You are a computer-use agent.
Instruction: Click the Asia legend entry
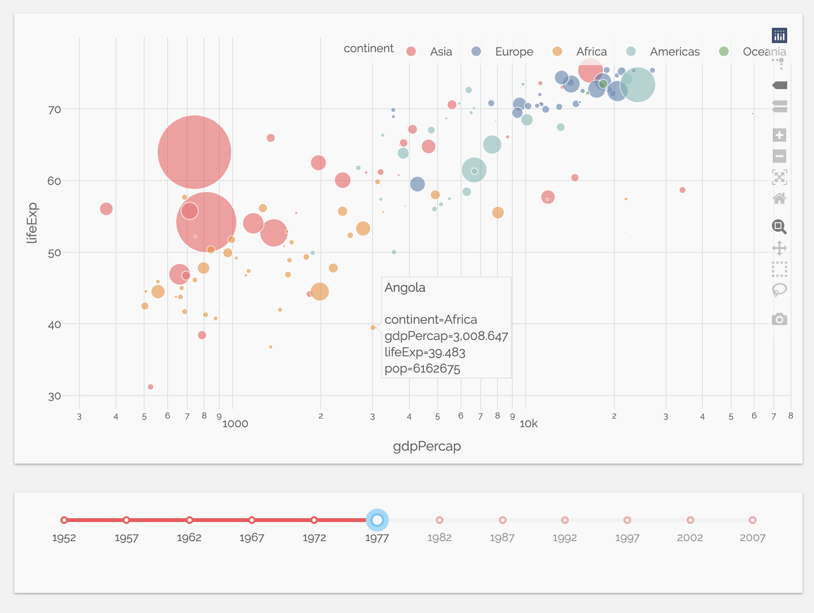(x=440, y=52)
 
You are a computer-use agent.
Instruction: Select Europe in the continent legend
(x=513, y=52)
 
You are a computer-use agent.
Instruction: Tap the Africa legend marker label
(x=591, y=52)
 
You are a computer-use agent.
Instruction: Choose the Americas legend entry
(x=674, y=52)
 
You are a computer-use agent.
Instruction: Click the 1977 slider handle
(x=377, y=520)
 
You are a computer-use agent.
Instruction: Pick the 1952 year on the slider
(x=64, y=520)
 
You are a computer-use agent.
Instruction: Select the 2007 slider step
(x=752, y=520)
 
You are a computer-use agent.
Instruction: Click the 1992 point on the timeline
(x=565, y=520)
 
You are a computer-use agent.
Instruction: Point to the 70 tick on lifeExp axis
(x=55, y=110)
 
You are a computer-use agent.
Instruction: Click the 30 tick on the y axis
(x=55, y=396)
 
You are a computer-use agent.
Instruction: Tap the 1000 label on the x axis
(x=235, y=424)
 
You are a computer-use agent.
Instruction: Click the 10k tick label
(x=529, y=424)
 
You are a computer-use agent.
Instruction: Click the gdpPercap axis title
(x=427, y=446)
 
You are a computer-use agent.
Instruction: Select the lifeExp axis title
(x=32, y=223)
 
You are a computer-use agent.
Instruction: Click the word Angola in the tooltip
(x=405, y=287)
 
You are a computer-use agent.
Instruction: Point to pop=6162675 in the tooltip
(x=422, y=369)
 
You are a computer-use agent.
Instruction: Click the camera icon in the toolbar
(x=779, y=319)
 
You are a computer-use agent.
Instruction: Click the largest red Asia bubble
(x=194, y=152)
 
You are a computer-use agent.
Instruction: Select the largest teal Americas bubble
(x=638, y=85)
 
